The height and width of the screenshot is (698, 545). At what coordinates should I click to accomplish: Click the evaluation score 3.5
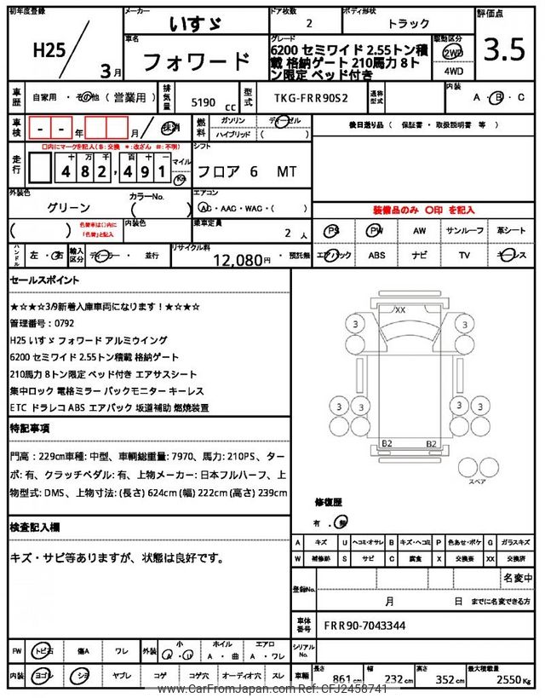click(504, 50)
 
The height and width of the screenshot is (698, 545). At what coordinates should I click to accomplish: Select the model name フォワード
click(195, 62)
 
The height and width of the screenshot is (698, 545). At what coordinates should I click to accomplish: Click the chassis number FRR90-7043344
click(364, 626)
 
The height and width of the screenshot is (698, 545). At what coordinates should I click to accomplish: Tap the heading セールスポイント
click(45, 280)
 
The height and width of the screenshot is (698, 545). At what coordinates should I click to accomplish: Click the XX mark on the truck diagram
click(399, 309)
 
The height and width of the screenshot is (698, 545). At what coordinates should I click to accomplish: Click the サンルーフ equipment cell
click(465, 231)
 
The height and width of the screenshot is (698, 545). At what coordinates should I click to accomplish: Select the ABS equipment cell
click(377, 255)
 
